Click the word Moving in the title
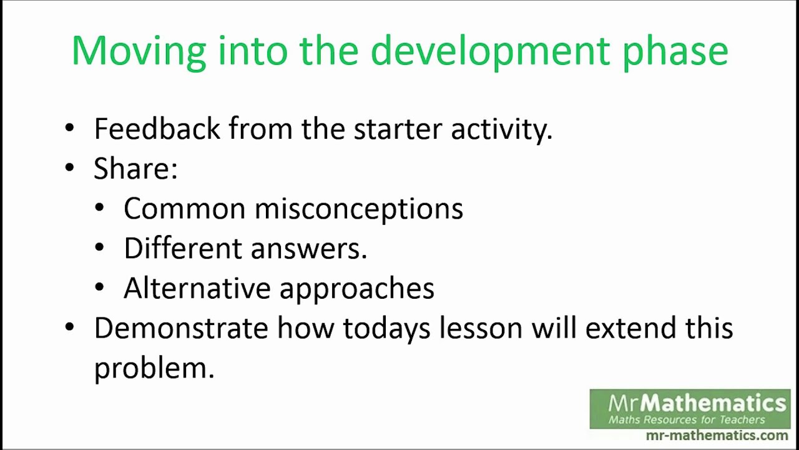139,51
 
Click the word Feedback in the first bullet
157,129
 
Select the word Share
135,169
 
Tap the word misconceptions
358,209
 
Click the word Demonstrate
181,328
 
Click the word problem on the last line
154,368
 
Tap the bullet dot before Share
69,168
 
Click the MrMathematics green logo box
690,409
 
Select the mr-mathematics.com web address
717,436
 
